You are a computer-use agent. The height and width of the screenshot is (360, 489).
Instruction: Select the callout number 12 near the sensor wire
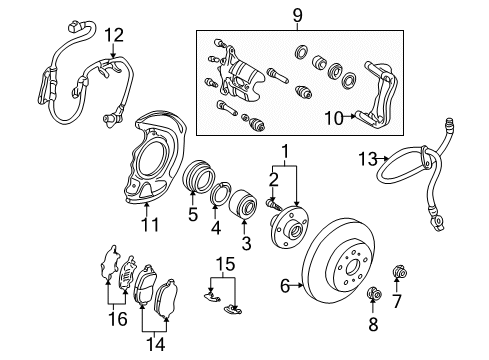(115, 36)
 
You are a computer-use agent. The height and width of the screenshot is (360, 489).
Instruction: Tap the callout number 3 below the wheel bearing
(246, 243)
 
